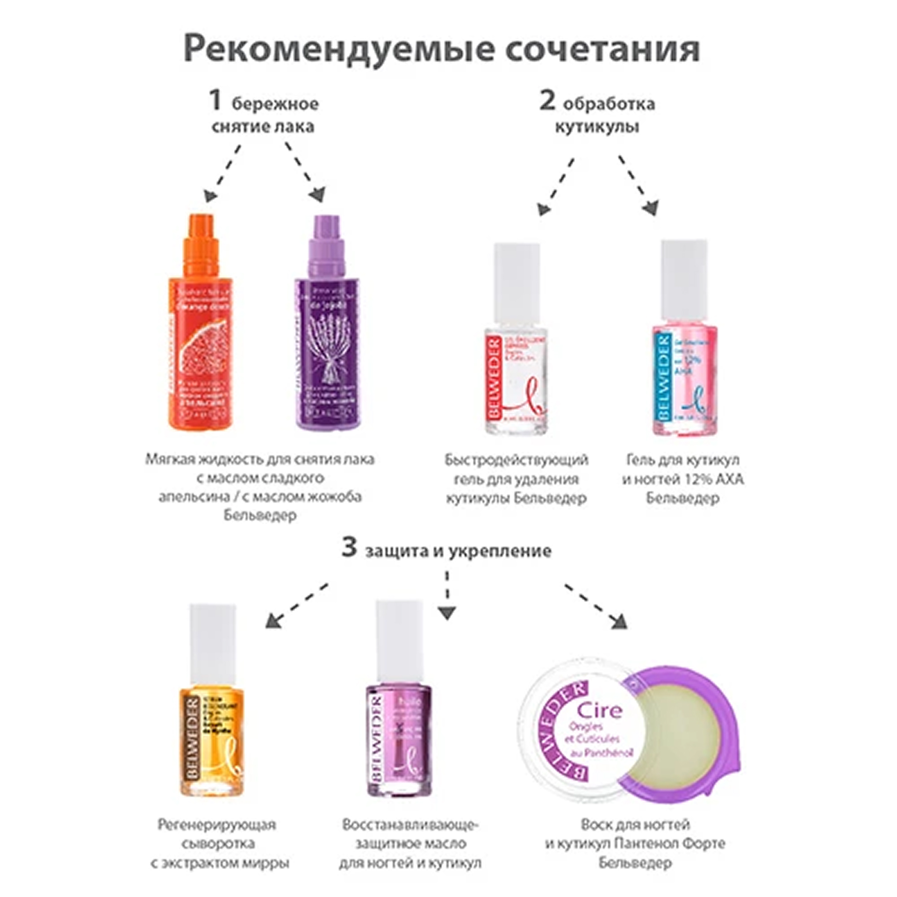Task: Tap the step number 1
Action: (x=215, y=100)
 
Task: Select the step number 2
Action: (x=547, y=100)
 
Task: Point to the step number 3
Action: (x=349, y=547)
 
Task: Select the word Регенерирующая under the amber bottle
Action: (x=217, y=825)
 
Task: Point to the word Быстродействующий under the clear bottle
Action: (x=516, y=459)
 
